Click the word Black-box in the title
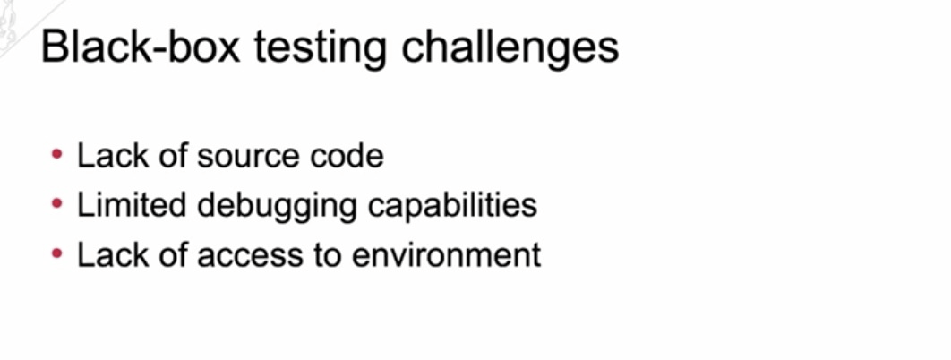coord(141,47)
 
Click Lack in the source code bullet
coord(113,155)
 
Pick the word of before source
coord(174,155)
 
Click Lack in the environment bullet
coord(113,254)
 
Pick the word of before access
coord(174,254)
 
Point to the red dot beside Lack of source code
coord(57,155)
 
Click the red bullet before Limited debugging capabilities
coord(57,204)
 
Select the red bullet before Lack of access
coord(57,254)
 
